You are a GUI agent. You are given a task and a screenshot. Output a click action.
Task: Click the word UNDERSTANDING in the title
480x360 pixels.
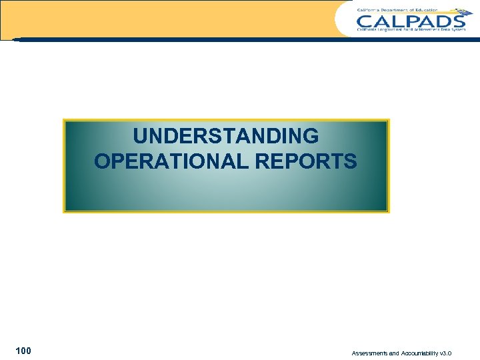[225, 136]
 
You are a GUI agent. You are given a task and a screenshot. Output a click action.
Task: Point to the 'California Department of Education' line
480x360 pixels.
[397, 10]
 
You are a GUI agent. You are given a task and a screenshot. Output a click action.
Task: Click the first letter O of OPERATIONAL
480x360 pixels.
[103, 161]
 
